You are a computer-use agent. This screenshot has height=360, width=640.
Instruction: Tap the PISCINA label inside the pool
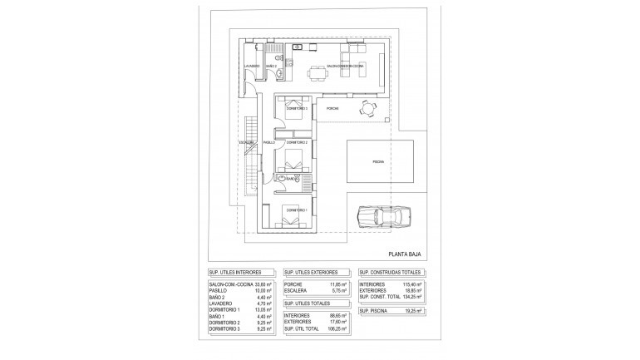click(x=378, y=162)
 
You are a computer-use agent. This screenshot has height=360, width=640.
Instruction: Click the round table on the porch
click(x=367, y=108)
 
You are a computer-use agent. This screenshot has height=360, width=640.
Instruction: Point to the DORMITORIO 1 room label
click(x=297, y=210)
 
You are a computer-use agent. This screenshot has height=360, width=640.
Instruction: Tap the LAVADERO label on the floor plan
click(x=253, y=66)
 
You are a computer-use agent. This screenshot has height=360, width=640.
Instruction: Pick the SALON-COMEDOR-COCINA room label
click(x=345, y=66)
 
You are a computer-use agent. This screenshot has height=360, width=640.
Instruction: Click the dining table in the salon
click(x=318, y=74)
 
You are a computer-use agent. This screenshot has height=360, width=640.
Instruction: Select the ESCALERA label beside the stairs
click(x=246, y=142)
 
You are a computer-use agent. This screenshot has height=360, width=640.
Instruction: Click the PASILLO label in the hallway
click(x=268, y=142)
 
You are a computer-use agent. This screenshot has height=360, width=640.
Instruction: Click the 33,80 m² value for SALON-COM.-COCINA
click(x=267, y=284)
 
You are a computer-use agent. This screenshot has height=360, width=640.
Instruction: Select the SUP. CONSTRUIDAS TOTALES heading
click(x=390, y=272)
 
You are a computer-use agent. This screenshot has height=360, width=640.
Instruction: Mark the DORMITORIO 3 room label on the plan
click(x=297, y=109)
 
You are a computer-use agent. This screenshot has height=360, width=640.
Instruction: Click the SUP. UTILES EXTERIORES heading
click(x=313, y=272)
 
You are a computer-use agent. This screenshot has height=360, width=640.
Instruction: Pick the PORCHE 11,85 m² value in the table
click(x=337, y=284)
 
